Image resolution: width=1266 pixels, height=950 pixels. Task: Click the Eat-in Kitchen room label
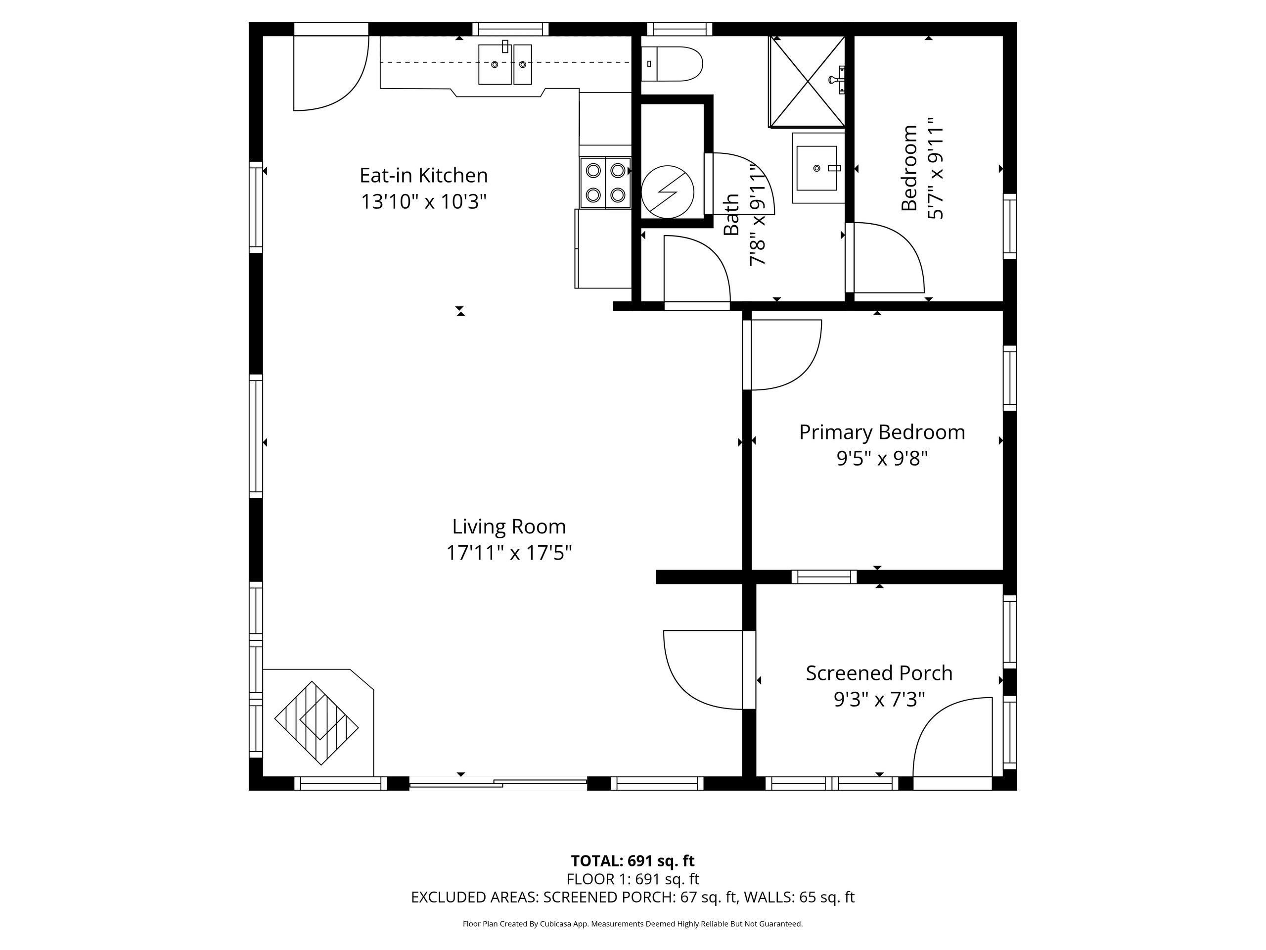click(423, 175)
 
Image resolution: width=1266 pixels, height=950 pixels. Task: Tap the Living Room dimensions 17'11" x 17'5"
click(509, 553)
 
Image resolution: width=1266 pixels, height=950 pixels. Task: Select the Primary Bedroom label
click(882, 432)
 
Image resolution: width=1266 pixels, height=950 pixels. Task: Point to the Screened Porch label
click(879, 673)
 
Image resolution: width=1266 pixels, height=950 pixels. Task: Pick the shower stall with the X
click(807, 81)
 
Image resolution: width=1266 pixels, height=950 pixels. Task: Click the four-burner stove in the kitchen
click(605, 182)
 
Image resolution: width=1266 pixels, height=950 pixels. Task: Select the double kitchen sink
click(505, 64)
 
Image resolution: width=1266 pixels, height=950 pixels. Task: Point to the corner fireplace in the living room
click(318, 722)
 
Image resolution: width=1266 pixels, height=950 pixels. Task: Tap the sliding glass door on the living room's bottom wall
click(498, 783)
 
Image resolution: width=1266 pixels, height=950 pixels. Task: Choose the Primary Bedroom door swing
click(782, 355)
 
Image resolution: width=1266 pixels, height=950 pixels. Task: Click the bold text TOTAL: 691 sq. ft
click(633, 860)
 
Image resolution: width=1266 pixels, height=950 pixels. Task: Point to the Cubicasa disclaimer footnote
click(633, 924)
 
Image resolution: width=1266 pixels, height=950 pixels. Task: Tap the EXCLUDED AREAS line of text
click(633, 898)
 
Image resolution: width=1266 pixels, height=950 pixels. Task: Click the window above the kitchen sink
click(510, 29)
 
